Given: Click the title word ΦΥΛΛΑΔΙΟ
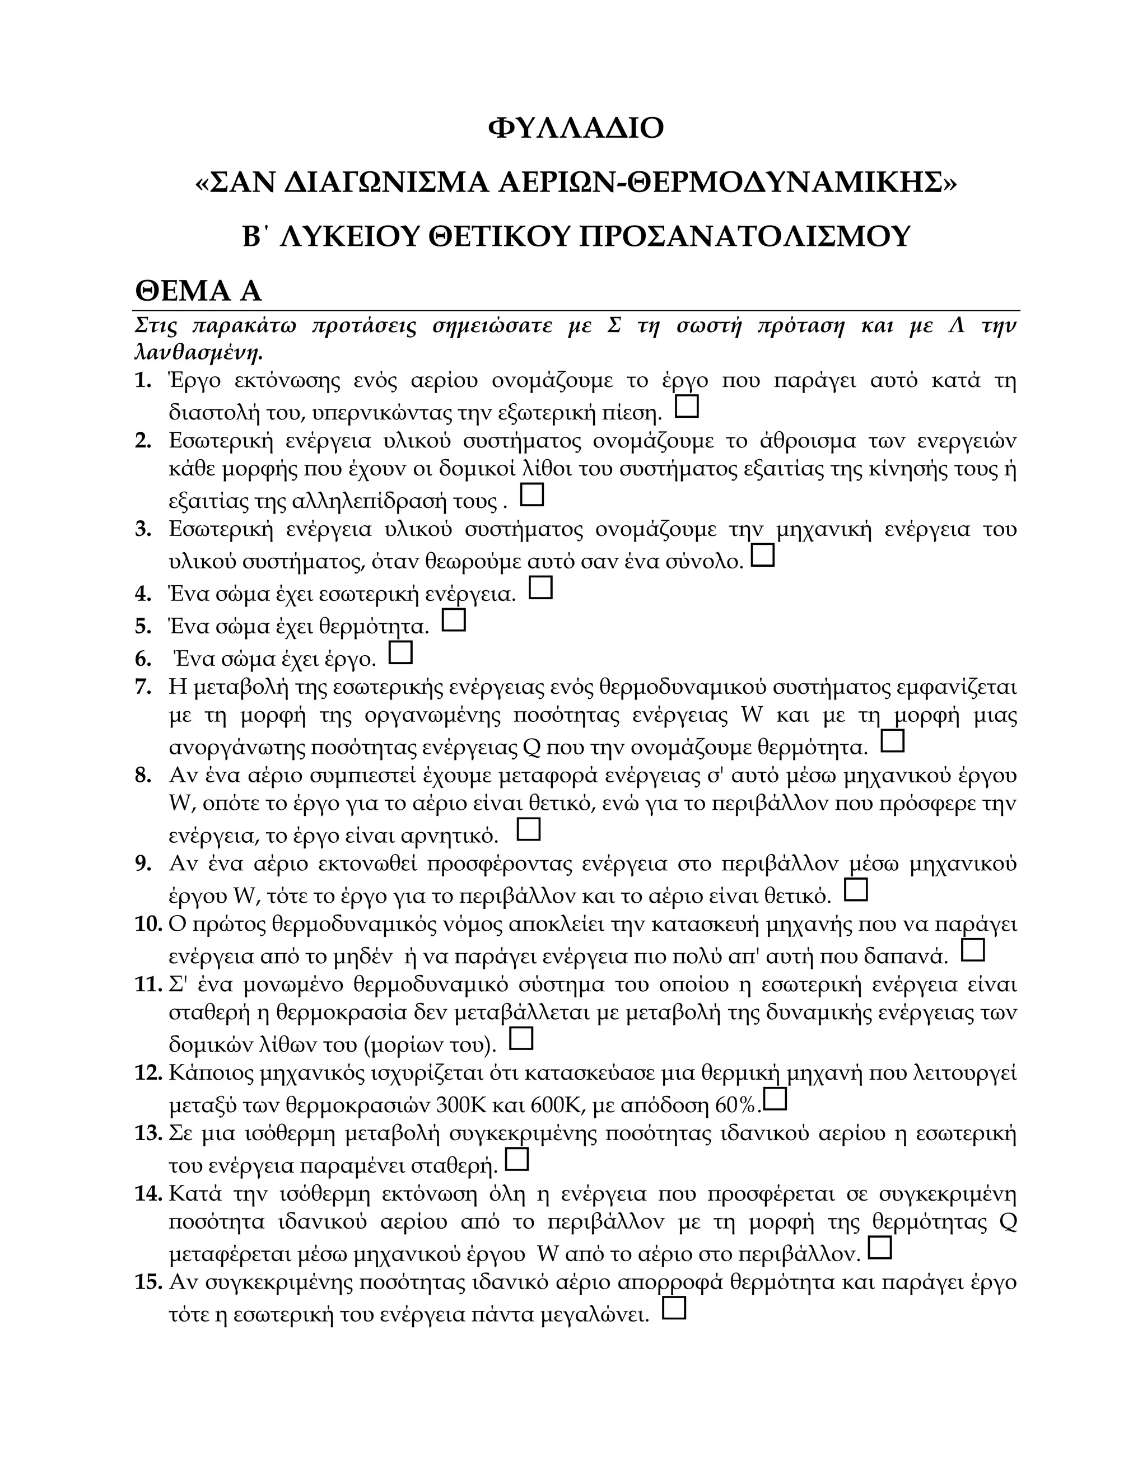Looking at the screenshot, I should (576, 128).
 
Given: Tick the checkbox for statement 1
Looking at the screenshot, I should (687, 407).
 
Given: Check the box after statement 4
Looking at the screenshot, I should (540, 587).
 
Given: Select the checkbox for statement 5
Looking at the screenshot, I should (453, 620).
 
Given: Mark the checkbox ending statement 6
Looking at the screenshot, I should (400, 652).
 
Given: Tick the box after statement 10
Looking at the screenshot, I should (973, 949).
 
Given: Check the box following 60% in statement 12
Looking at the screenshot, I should (775, 1099).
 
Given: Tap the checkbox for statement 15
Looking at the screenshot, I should (673, 1308).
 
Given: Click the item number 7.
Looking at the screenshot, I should (143, 687).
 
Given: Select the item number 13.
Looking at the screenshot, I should (147, 1133).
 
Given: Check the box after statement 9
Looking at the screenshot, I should (856, 889).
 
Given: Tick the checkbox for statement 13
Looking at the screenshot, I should (517, 1159).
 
